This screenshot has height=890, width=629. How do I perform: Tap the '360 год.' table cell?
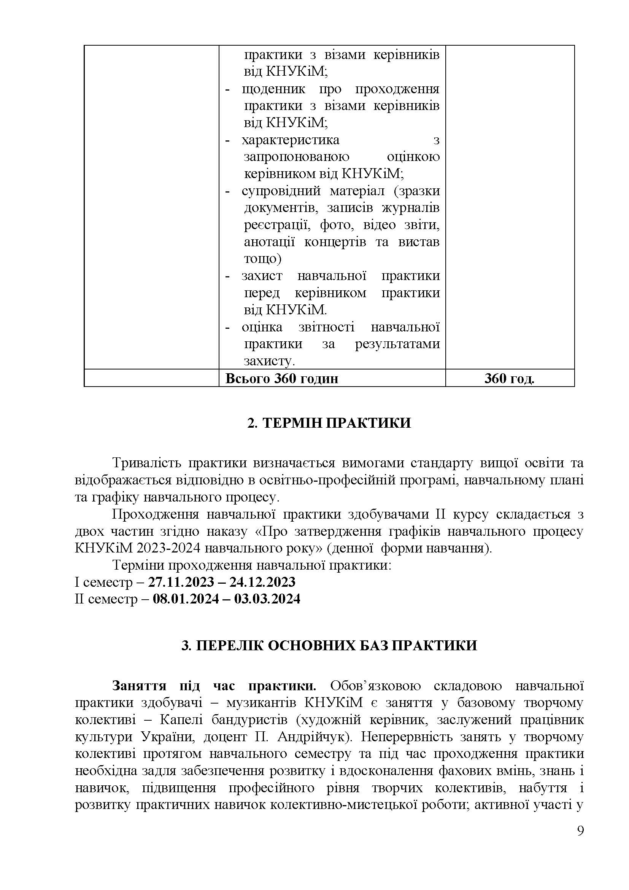click(509, 378)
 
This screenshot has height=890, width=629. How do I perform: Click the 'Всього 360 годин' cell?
click(281, 378)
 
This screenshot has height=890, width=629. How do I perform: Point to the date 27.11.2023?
click(181, 582)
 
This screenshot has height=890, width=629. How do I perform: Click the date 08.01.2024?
click(186, 599)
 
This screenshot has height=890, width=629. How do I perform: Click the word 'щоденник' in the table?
click(273, 89)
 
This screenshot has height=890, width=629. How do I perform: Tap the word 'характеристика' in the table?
click(291, 140)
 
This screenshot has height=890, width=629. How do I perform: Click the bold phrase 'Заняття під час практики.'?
click(214, 686)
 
